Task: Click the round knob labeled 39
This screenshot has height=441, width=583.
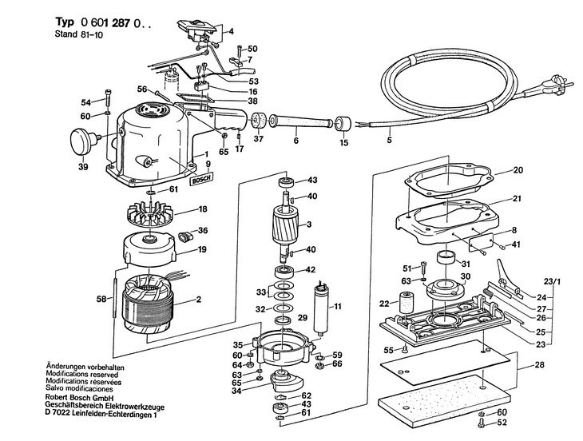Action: (x=82, y=141)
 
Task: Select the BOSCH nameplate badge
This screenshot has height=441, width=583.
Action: (x=201, y=178)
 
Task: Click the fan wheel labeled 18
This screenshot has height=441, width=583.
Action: (x=150, y=214)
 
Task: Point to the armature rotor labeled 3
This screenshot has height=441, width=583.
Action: (x=284, y=225)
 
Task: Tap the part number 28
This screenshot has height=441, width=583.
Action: (x=540, y=364)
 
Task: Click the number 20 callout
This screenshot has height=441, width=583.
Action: (x=518, y=170)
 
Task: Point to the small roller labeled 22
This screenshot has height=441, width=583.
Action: (x=405, y=302)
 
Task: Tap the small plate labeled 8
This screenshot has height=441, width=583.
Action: (x=481, y=242)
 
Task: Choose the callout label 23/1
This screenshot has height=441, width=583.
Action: (x=552, y=282)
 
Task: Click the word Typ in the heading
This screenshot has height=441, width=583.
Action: (x=65, y=22)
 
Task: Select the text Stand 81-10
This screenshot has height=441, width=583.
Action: (x=79, y=34)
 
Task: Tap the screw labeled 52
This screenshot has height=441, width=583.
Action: (x=482, y=423)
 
